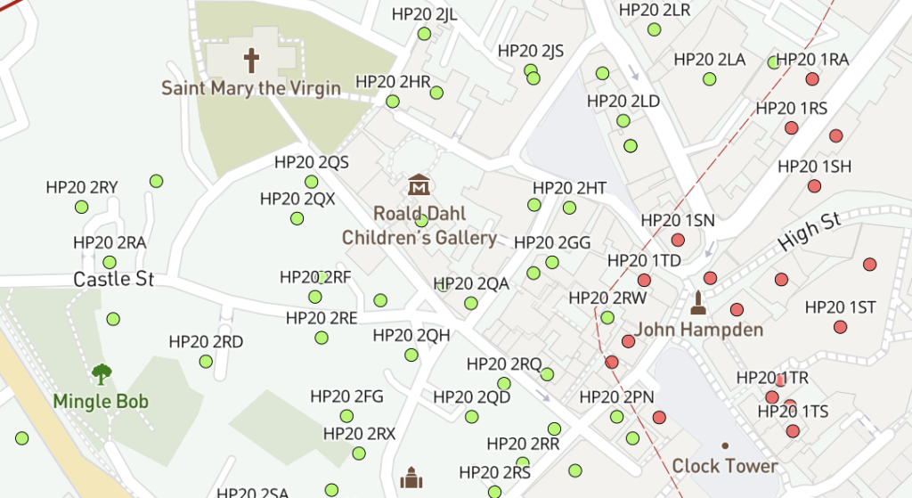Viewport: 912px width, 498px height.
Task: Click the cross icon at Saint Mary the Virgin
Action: point(252,61)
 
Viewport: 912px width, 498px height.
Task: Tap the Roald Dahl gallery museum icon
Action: point(419,186)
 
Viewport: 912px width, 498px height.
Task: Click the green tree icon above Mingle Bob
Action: point(102,373)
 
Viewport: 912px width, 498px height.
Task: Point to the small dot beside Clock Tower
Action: point(725,445)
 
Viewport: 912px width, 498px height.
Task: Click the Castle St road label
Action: point(114,280)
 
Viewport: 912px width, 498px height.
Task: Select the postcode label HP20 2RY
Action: point(82,187)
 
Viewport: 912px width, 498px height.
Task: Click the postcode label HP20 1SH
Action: point(814,167)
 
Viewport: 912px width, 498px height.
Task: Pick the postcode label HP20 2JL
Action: point(425,14)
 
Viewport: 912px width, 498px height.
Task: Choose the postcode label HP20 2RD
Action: point(206,342)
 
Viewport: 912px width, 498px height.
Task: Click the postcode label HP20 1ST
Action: point(841,307)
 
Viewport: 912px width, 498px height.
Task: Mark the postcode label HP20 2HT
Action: point(569,188)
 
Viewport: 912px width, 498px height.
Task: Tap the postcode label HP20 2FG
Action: point(346,396)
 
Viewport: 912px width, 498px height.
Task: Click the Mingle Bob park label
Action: point(101,401)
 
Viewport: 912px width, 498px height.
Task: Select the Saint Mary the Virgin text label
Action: point(251,88)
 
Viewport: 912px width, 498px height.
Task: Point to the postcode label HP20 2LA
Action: point(710,60)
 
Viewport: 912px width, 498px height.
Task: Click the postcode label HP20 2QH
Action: point(411,335)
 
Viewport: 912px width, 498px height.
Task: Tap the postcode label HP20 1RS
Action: point(792,109)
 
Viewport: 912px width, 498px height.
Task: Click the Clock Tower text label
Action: point(725,466)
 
